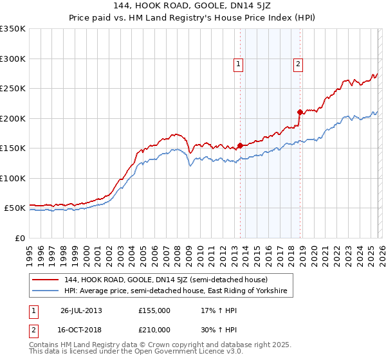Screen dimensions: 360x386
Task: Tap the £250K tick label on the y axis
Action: [x=13, y=89]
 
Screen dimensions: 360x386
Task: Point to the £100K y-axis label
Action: [x=13, y=178]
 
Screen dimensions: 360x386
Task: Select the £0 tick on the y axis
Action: [x=19, y=238]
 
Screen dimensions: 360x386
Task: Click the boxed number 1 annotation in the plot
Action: [x=238, y=64]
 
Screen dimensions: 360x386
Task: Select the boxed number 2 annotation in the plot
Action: [x=299, y=64]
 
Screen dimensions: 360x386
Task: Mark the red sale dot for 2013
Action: [x=240, y=145]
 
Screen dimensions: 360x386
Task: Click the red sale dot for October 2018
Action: [x=300, y=113]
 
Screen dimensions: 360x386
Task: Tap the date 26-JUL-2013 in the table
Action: [x=81, y=310]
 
